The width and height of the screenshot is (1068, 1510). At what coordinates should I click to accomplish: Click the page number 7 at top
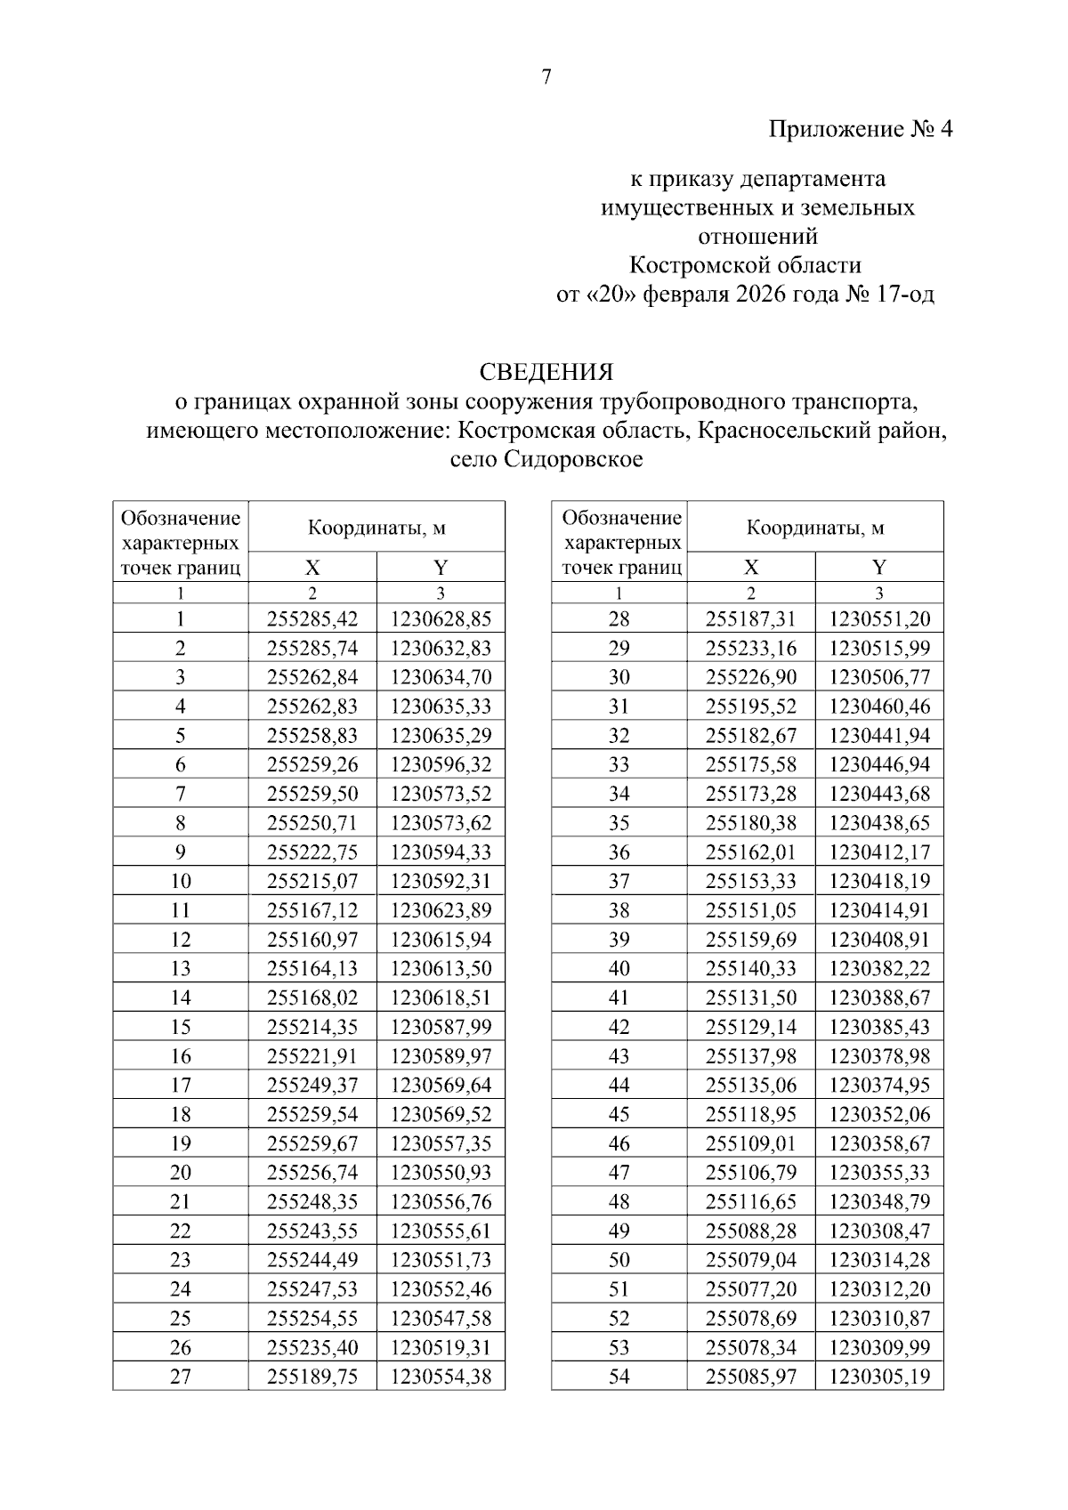546,77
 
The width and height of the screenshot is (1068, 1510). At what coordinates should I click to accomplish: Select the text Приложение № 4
860,130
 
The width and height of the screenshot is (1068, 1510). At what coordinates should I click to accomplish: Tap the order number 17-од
905,295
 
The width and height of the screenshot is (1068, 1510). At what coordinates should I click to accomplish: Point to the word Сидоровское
575,460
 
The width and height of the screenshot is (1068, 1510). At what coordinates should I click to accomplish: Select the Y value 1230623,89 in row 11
441,910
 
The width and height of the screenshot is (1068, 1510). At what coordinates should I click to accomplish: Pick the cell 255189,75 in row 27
312,1377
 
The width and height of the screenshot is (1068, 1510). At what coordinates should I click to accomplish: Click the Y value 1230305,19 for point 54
879,1377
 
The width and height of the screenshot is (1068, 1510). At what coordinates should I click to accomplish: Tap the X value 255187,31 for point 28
751,619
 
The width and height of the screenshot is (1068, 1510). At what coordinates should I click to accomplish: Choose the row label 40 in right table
619,968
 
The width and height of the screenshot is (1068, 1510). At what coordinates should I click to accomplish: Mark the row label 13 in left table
180,968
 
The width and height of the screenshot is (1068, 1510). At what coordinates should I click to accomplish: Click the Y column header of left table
441,568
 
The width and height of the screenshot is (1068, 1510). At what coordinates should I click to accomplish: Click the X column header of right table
751,568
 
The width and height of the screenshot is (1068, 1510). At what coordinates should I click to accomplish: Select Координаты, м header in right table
815,528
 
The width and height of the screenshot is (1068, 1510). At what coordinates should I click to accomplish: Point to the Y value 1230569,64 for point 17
441,1085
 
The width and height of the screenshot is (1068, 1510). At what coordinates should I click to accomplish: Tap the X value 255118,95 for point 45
751,1114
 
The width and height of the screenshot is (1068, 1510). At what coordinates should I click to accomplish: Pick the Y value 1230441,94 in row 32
879,735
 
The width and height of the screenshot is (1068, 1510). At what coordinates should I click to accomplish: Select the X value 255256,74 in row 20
312,1172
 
